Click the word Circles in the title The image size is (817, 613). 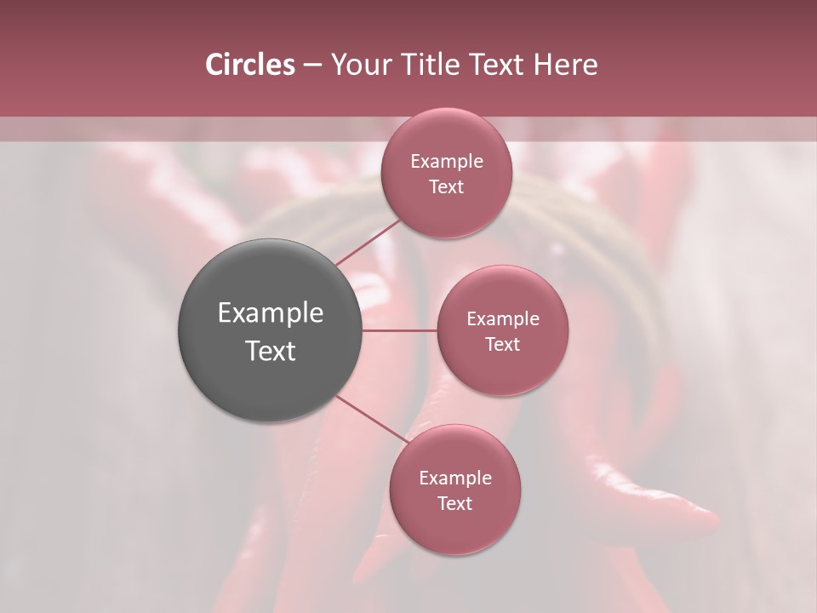(250, 65)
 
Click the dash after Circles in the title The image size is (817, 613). (312, 66)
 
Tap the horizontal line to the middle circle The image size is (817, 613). (399, 330)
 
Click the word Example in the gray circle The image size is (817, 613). (271, 313)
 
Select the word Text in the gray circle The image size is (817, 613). (271, 351)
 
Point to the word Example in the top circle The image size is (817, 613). (447, 161)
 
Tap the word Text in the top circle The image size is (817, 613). (447, 186)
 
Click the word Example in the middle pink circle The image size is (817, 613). (503, 318)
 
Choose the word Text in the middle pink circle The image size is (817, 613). (503, 344)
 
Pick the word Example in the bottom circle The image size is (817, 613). (455, 478)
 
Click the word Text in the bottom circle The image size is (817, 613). (455, 503)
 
